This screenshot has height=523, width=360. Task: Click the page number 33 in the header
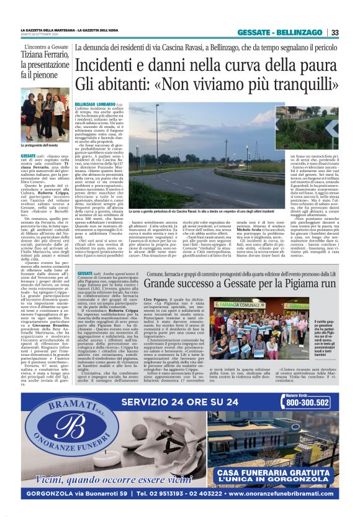(x=335, y=32)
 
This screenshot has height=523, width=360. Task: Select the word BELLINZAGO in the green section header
(x=299, y=32)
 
